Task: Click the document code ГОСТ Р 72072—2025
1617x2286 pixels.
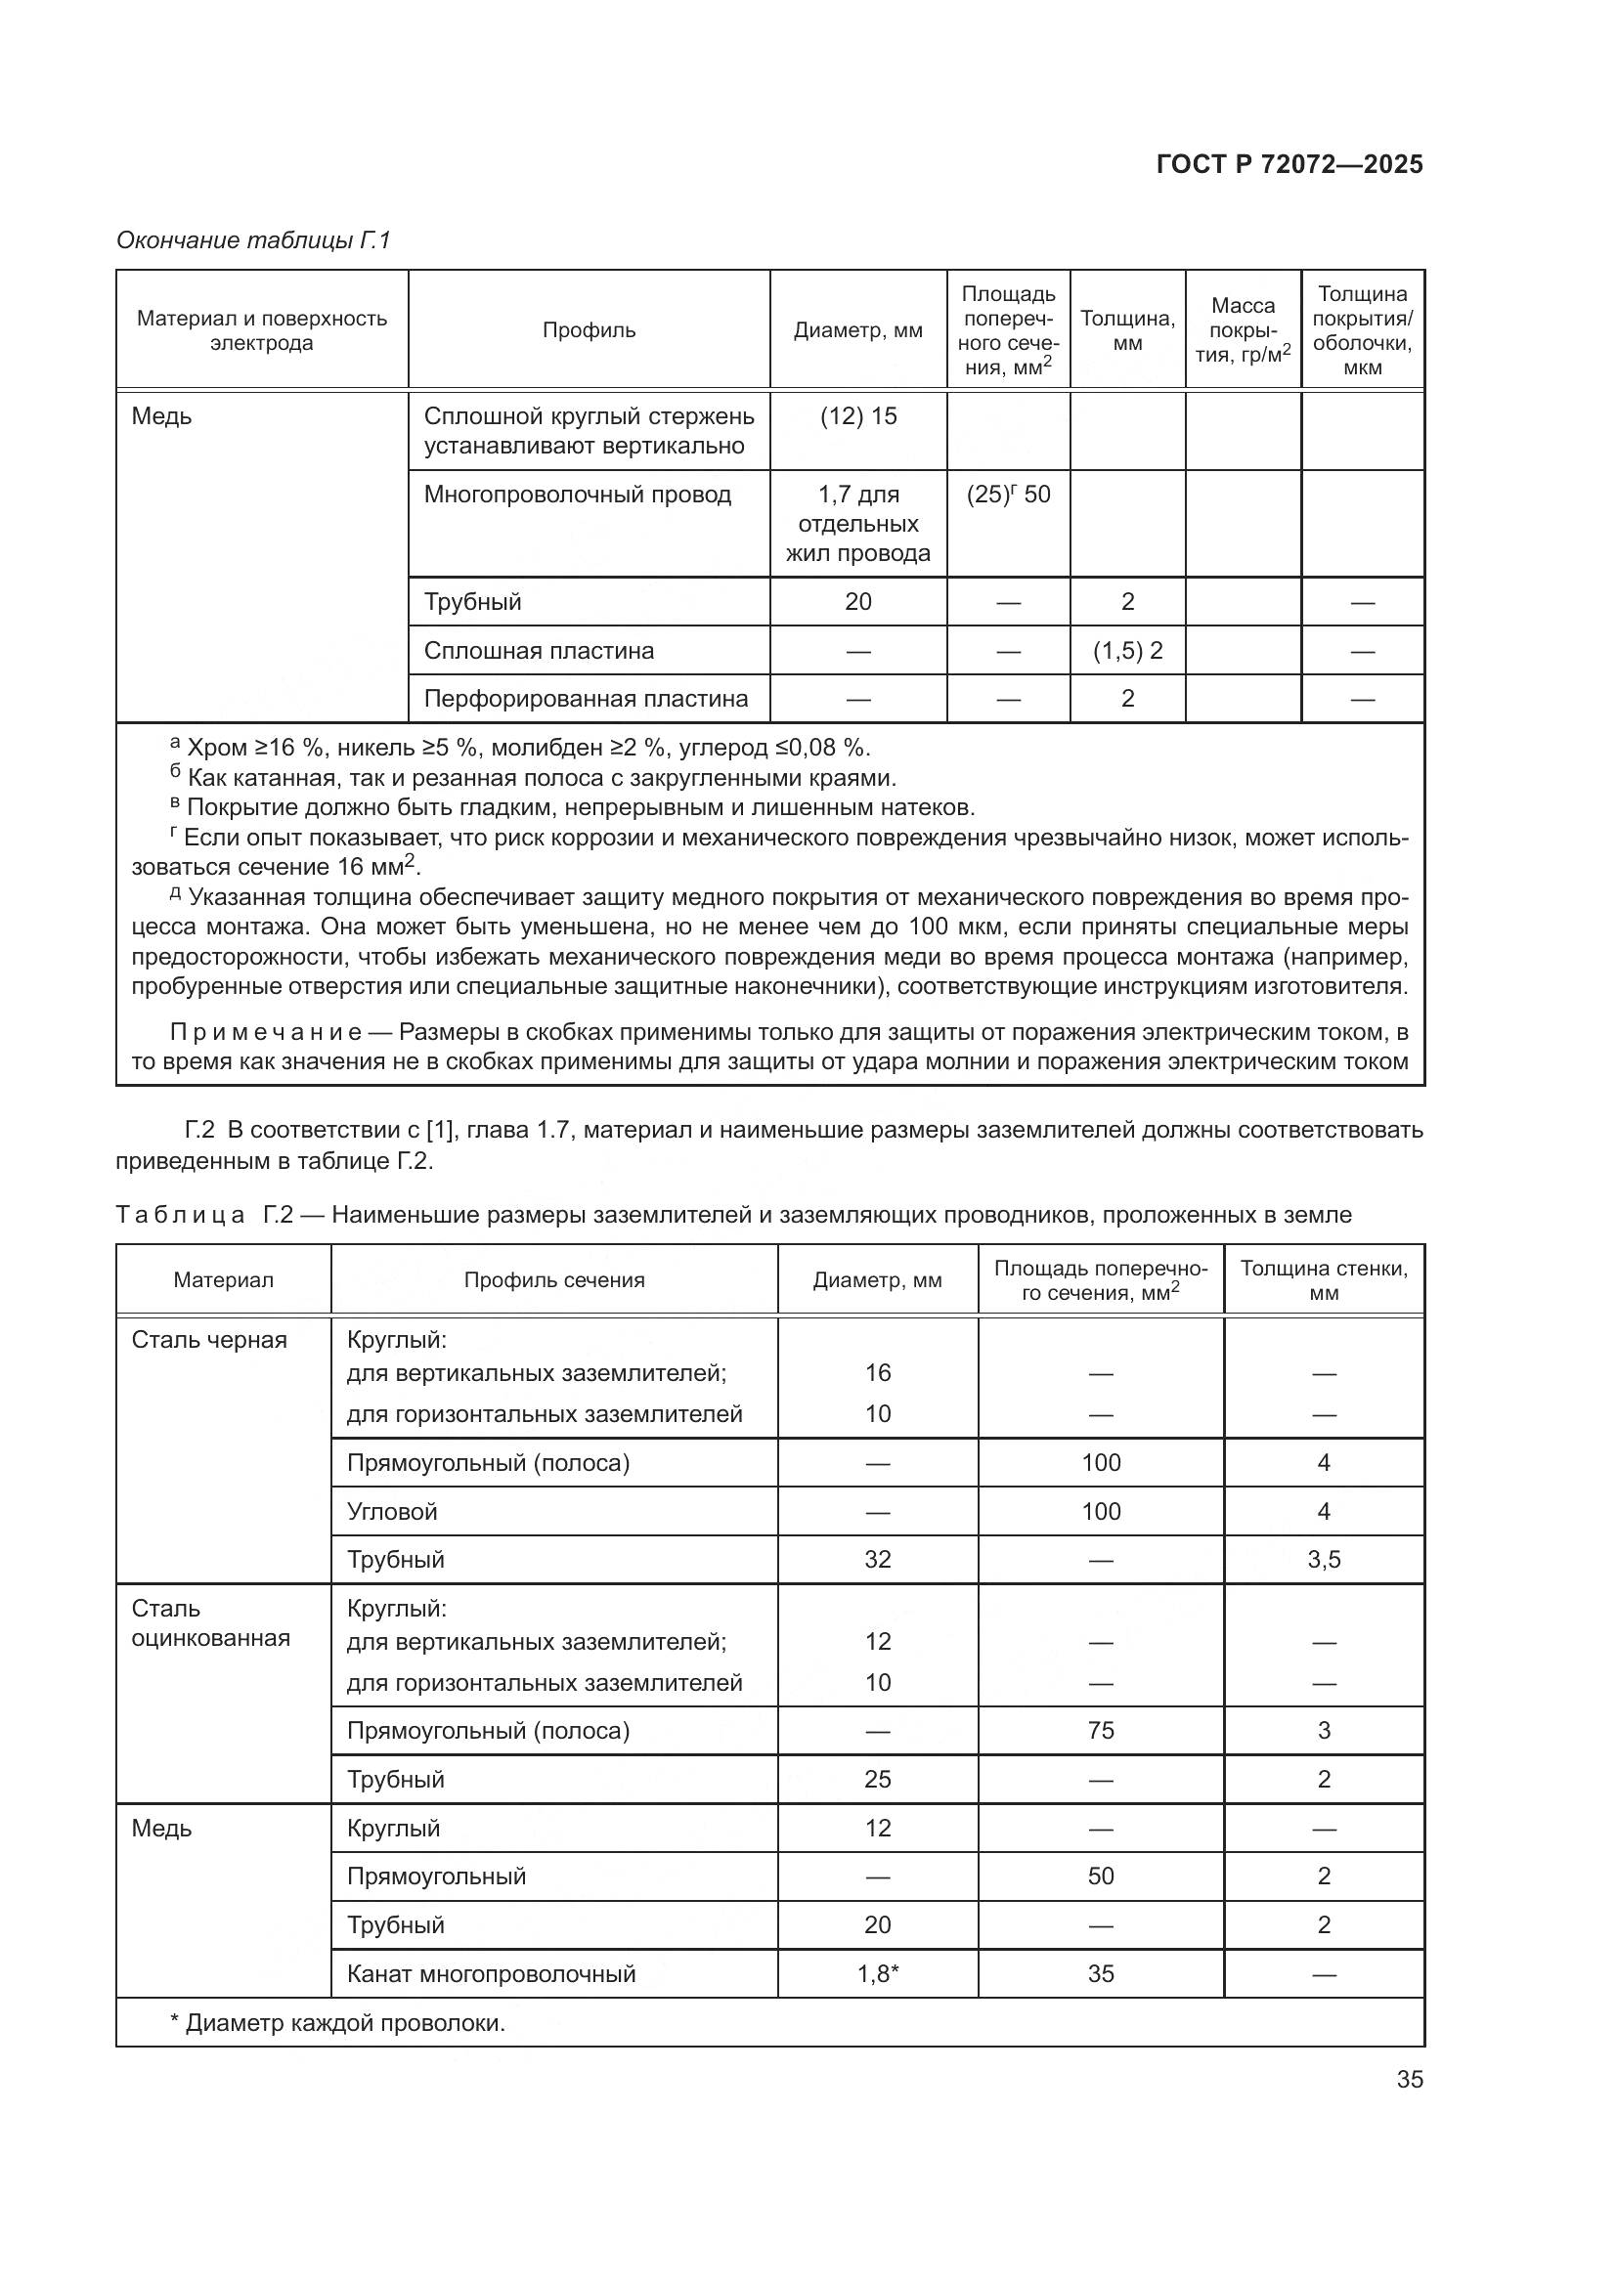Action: pyautogui.click(x=1289, y=164)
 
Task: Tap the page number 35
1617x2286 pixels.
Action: pyautogui.click(x=1409, y=2079)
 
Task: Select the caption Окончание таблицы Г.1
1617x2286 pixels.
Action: pyautogui.click(x=254, y=240)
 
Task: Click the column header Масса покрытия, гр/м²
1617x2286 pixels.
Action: pyautogui.click(x=1243, y=330)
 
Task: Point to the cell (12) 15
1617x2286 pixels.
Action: pyautogui.click(x=858, y=416)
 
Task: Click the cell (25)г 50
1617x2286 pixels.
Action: pyautogui.click(x=1008, y=495)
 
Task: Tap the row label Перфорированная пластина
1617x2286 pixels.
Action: pyautogui.click(x=586, y=699)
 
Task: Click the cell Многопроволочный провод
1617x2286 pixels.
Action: pyautogui.click(x=578, y=495)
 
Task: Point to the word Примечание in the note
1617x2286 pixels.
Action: pyautogui.click(x=266, y=1031)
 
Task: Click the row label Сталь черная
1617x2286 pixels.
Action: pyautogui.click(x=209, y=1340)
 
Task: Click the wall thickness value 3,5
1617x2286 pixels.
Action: pyautogui.click(x=1324, y=1559)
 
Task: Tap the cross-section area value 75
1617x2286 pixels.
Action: pyautogui.click(x=1100, y=1731)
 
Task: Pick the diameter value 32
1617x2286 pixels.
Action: pyautogui.click(x=877, y=1559)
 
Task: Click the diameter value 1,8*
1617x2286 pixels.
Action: pyautogui.click(x=877, y=1973)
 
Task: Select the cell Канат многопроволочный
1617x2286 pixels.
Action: pyautogui.click(x=491, y=1973)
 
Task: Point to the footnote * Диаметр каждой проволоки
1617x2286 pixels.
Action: pyautogui.click(x=337, y=2023)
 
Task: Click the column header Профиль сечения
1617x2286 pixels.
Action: pyautogui.click(x=553, y=1280)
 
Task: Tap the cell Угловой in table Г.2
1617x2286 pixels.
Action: pyautogui.click(x=392, y=1511)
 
